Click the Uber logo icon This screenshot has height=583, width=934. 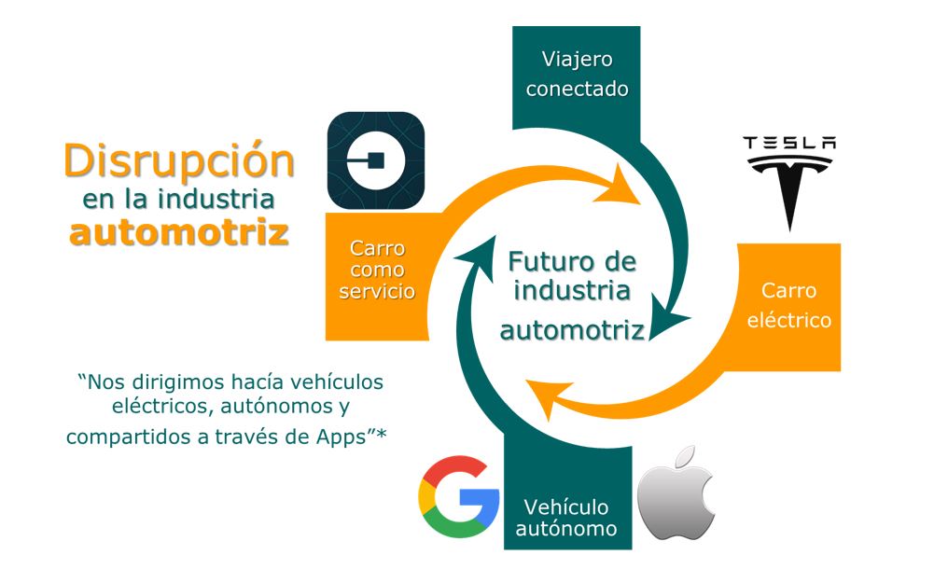pyautogui.click(x=376, y=160)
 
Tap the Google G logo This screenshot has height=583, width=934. pyautogui.click(x=458, y=496)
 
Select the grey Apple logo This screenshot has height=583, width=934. pyautogui.click(x=676, y=493)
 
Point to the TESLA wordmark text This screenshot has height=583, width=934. pyautogui.click(x=788, y=143)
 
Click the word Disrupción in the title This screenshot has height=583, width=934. pyautogui.click(x=178, y=160)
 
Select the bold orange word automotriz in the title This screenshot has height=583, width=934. pyautogui.click(x=178, y=232)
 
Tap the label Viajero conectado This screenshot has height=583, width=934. pyautogui.click(x=577, y=75)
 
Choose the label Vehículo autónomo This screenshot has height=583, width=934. pyautogui.click(x=566, y=518)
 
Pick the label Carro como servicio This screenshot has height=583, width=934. pyautogui.click(x=376, y=271)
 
